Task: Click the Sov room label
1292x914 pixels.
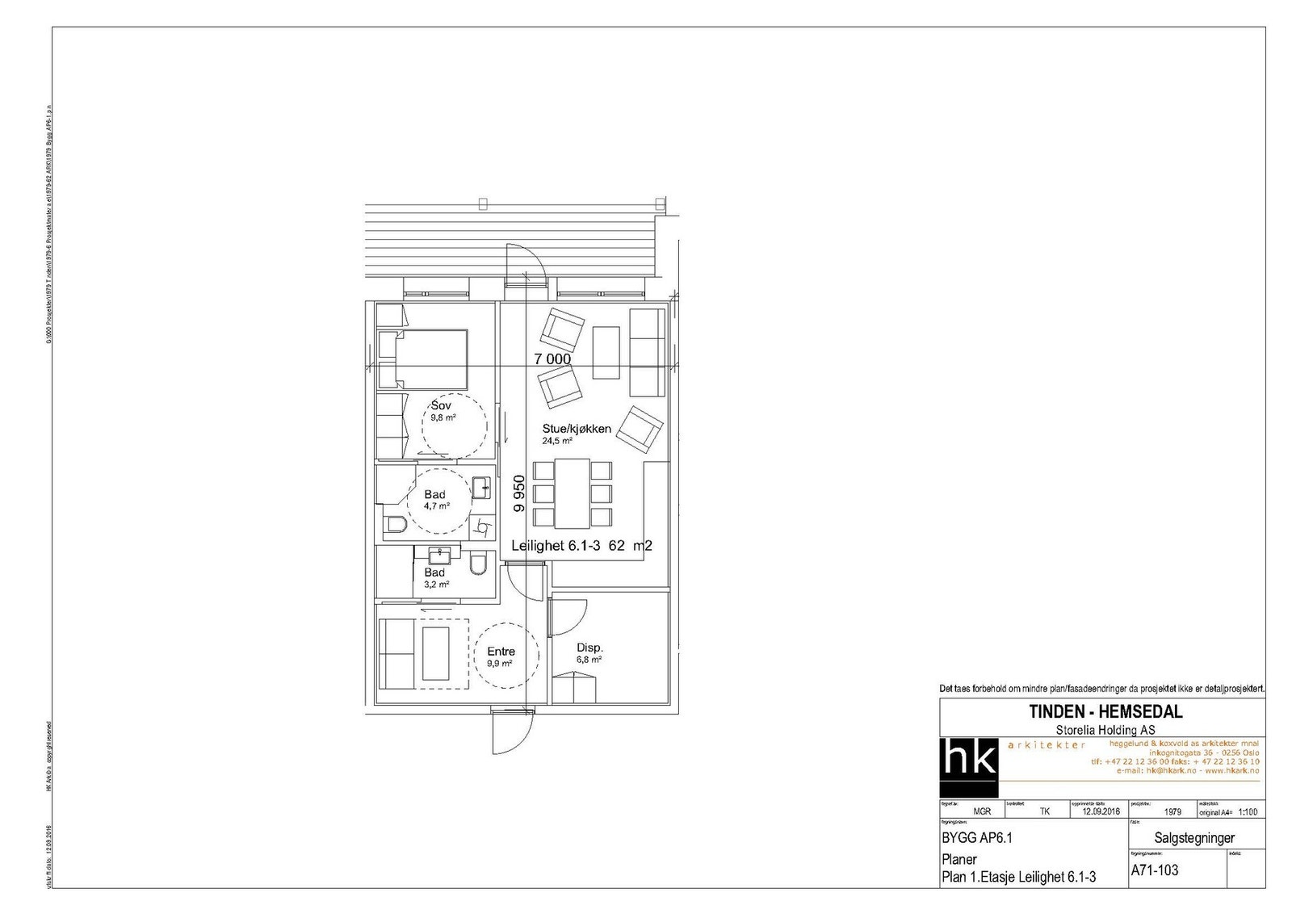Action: click(x=441, y=405)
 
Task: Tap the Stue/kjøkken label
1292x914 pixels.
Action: click(x=576, y=429)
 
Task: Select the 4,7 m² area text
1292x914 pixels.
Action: click(x=437, y=506)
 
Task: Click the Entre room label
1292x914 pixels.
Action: click(x=501, y=652)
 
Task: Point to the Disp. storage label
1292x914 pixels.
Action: click(x=590, y=648)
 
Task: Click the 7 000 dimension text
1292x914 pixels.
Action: click(x=552, y=359)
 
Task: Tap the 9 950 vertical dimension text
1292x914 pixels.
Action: click(x=520, y=493)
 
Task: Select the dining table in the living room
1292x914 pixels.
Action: click(x=573, y=493)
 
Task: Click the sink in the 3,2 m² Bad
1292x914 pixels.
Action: click(x=440, y=556)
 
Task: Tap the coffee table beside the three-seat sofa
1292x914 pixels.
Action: click(x=606, y=352)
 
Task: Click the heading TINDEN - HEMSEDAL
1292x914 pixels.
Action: click(x=1105, y=711)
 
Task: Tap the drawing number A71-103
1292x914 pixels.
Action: click(x=1155, y=870)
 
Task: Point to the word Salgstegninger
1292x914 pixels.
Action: click(x=1195, y=839)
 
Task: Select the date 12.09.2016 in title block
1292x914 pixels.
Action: click(x=1095, y=812)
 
